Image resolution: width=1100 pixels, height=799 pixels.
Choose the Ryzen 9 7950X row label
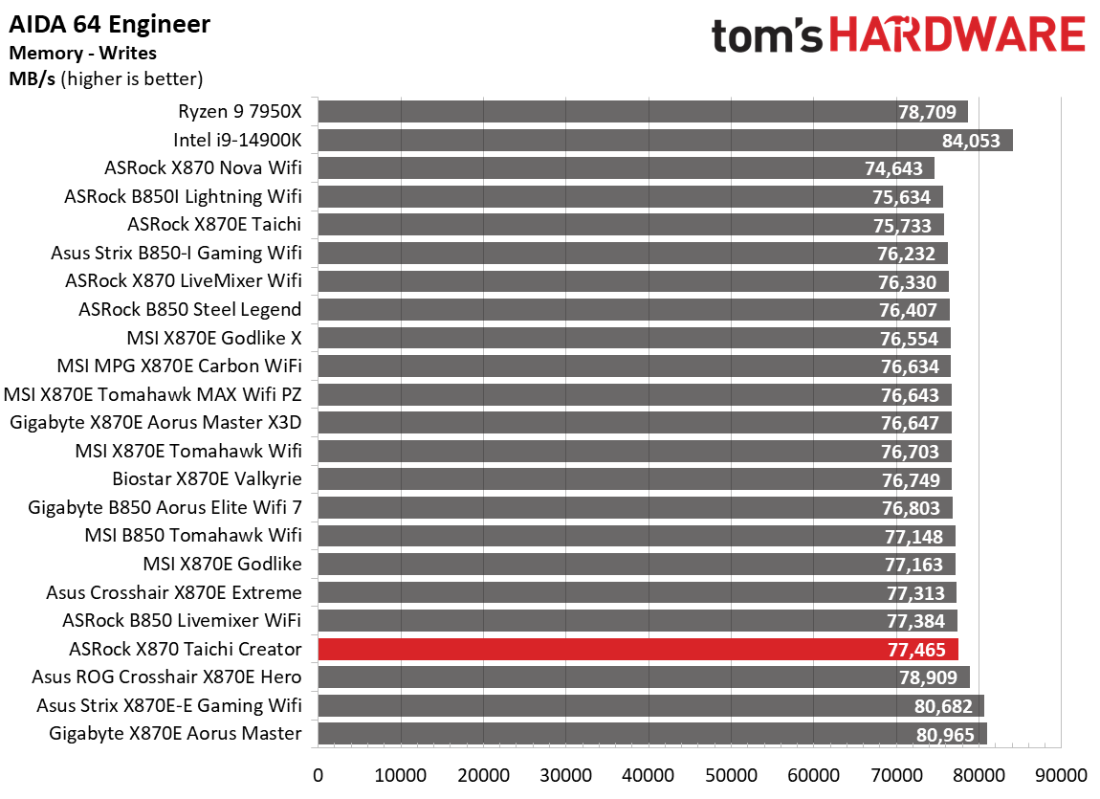(239, 112)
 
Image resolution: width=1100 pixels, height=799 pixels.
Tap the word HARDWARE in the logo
(957, 36)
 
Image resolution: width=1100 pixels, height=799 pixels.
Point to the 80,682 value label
(943, 706)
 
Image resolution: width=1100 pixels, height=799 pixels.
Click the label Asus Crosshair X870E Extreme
(174, 592)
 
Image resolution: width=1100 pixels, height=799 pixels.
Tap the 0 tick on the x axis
(318, 773)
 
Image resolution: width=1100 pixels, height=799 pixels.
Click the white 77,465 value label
(916, 650)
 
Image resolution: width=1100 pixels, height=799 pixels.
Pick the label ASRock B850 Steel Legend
(190, 309)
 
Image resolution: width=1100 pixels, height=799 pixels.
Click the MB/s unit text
(33, 78)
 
